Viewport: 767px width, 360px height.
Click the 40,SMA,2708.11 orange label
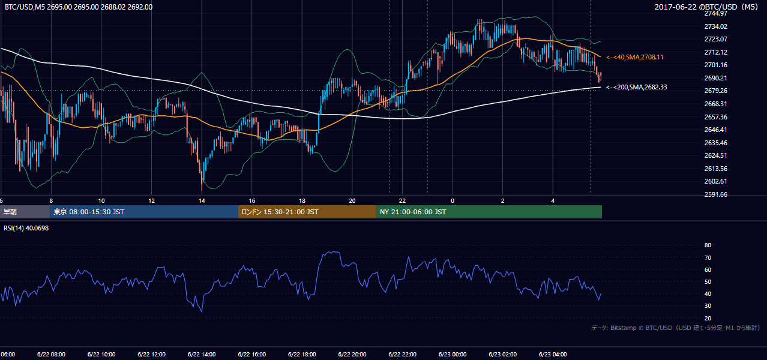point(635,57)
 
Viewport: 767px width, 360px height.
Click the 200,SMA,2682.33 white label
point(637,87)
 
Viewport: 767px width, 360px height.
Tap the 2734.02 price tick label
point(715,26)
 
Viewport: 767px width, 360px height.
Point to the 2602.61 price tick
point(715,181)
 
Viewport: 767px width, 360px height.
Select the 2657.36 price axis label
point(715,117)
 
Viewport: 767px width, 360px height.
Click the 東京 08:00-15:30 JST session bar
point(144,212)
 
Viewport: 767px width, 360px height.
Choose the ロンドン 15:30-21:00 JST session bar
point(307,212)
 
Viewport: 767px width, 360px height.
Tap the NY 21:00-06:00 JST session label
point(413,212)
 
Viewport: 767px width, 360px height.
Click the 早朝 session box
point(25,212)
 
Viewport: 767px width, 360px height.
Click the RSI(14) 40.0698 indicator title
point(26,228)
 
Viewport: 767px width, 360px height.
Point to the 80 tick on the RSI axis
point(708,245)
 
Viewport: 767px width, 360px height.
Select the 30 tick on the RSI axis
point(708,306)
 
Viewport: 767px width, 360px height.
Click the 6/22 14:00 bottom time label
point(202,355)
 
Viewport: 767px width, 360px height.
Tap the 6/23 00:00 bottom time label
point(453,355)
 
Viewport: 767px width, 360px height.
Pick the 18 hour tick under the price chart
point(302,201)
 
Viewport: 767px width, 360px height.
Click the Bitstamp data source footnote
point(676,328)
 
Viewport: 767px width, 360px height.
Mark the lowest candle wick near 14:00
point(202,190)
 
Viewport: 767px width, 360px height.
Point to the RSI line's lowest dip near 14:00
point(202,312)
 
